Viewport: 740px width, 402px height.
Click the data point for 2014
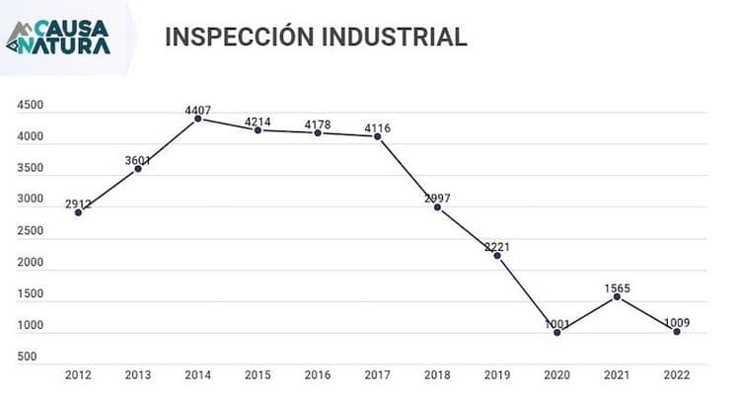tap(198, 119)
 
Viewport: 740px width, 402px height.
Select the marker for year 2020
tap(557, 333)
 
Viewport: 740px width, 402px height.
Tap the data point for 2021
tap(617, 296)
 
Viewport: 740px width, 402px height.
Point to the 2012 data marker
tap(78, 212)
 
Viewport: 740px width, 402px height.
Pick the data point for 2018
tap(437, 207)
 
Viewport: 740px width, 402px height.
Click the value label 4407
tap(198, 110)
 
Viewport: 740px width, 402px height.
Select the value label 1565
tap(618, 288)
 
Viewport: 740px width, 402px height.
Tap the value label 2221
tap(497, 247)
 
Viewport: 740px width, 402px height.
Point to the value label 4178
tap(318, 124)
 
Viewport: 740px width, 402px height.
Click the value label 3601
tap(138, 161)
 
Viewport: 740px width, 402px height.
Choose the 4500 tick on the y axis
tap(31, 105)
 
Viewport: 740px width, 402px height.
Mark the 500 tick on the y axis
tap(27, 357)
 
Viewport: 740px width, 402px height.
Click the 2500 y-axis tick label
tap(31, 230)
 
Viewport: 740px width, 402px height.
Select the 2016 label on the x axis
tap(318, 375)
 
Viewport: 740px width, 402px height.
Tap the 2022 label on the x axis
tap(677, 375)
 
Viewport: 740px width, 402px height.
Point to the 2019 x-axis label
tap(497, 375)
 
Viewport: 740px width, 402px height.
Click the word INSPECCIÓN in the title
tap(240, 36)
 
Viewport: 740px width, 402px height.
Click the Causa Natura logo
tap(58, 37)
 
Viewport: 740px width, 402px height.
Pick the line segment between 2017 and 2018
tap(407, 172)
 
